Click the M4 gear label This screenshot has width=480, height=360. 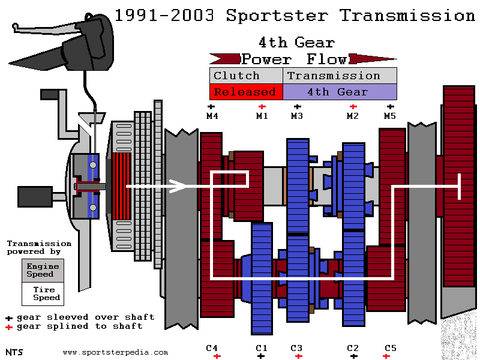(x=212, y=116)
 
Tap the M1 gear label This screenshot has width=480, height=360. (x=262, y=116)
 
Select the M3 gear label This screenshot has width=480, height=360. (x=296, y=116)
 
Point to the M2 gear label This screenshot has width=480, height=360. (x=352, y=116)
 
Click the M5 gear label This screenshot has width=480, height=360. (x=389, y=116)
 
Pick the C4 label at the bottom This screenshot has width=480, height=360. (x=212, y=348)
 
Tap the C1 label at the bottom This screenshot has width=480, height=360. (x=262, y=348)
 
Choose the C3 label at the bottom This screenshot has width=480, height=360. (x=296, y=348)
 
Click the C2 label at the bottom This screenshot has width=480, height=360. (x=353, y=348)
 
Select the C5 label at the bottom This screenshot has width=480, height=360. (x=391, y=348)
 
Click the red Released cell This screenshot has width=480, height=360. (x=246, y=92)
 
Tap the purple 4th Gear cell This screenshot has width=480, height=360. (x=340, y=92)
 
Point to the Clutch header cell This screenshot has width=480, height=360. (x=246, y=76)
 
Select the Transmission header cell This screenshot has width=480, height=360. (x=340, y=76)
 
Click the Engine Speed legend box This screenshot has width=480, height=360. (x=43, y=271)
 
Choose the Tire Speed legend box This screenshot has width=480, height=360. (x=43, y=294)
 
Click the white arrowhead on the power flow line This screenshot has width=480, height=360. (x=178, y=186)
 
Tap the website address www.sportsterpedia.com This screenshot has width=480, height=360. (x=115, y=352)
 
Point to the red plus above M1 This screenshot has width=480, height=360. (x=262, y=107)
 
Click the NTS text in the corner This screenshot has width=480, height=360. (x=14, y=352)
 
